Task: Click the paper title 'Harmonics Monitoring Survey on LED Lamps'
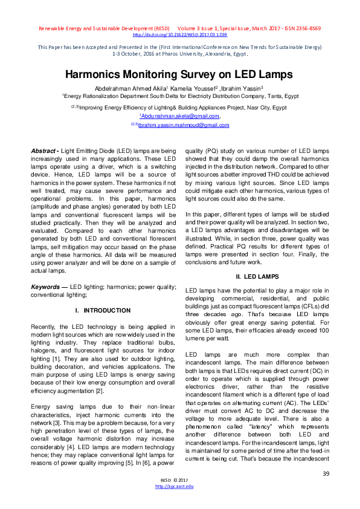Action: (x=179, y=75)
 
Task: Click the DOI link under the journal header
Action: (x=179, y=34)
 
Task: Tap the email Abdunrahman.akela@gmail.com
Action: (x=180, y=116)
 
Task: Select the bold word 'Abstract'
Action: (x=43, y=149)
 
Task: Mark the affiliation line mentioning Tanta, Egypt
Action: (x=179, y=96)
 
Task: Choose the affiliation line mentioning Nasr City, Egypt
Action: (x=179, y=107)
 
